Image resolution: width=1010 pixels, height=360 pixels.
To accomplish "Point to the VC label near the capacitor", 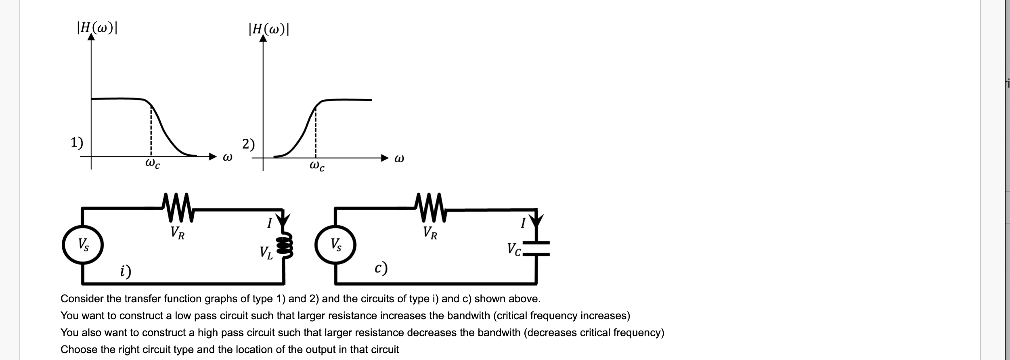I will (515, 249).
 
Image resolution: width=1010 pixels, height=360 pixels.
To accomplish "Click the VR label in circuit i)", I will (178, 233).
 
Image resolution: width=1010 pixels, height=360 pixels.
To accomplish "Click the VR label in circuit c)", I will (430, 233).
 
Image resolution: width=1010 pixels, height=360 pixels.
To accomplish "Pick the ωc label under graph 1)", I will (152, 164).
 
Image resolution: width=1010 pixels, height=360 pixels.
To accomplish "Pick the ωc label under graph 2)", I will (317, 166).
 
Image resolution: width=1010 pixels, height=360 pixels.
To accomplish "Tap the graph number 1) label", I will (77, 142).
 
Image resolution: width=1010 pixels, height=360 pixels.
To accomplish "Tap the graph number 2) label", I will (248, 144).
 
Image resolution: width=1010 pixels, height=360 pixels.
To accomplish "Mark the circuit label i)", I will (126, 271).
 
